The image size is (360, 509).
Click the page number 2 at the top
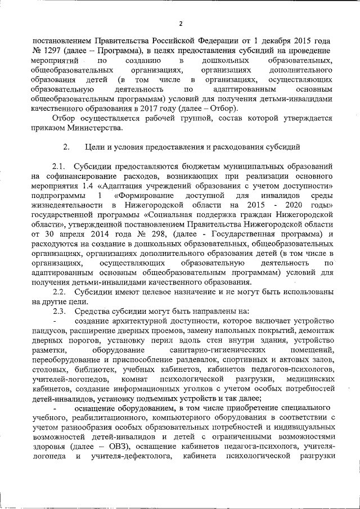(181, 23)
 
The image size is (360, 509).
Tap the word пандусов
(49, 331)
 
